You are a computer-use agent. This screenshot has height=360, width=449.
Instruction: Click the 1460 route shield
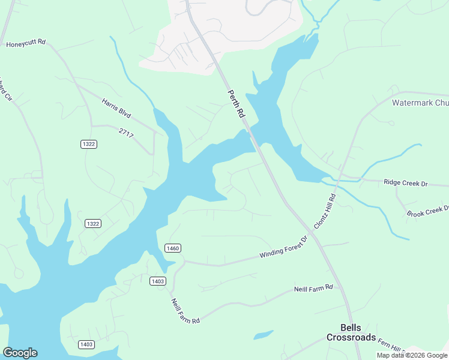pos(172,248)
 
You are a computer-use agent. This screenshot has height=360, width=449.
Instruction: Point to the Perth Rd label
pos(237,104)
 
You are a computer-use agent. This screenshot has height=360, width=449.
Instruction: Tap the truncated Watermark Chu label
pos(420,103)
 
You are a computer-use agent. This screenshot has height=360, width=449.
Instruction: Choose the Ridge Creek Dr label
pos(405,181)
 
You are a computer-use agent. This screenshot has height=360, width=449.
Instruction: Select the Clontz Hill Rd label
pos(325,210)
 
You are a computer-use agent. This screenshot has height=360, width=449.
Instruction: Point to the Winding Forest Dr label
pos(283,247)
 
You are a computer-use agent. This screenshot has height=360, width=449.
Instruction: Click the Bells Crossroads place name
pos(351,332)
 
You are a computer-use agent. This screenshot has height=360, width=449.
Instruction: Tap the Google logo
pos(20,353)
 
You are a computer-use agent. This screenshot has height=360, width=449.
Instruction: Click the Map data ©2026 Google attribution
pos(412,355)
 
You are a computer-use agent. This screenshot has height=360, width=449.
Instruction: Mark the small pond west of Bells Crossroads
pos(263,335)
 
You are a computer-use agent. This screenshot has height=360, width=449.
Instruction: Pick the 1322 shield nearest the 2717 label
pos(88,144)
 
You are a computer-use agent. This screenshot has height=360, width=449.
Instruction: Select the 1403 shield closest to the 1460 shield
pos(157,281)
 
